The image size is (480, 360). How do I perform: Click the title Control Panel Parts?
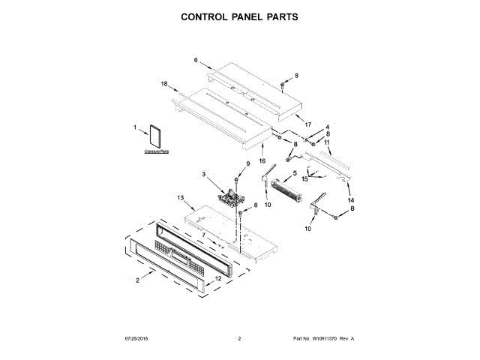tap(239, 16)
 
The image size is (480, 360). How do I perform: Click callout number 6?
tap(196, 60)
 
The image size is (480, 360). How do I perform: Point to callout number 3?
tap(203, 175)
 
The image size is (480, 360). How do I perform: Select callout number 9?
tap(248, 163)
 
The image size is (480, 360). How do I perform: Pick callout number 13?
tap(180, 197)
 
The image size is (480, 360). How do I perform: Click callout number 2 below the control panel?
tap(138, 281)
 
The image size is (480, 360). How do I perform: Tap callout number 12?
tap(218, 279)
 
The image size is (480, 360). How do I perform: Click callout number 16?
tap(262, 160)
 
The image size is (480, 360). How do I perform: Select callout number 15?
tap(305, 178)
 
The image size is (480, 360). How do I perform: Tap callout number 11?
tap(327, 142)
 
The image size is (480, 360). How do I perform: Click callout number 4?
tap(327, 127)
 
